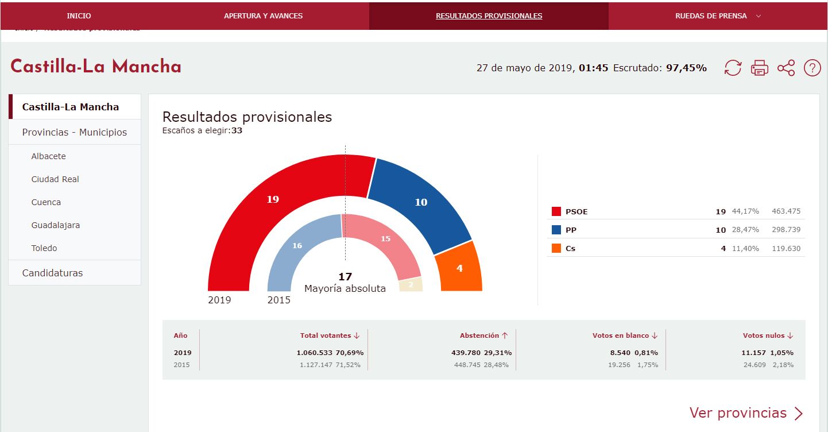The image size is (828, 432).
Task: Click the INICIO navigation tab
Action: pyautogui.click(x=79, y=16)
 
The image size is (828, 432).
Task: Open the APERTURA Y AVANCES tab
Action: pyautogui.click(x=263, y=16)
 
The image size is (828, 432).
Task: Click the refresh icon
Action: pyautogui.click(x=733, y=68)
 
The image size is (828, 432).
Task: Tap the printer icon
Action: pyautogui.click(x=759, y=68)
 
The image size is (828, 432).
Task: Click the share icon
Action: pyautogui.click(x=786, y=68)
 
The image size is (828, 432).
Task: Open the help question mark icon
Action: pyautogui.click(x=812, y=68)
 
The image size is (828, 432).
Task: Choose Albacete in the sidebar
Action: pyautogui.click(x=49, y=156)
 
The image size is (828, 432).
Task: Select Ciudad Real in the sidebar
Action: pyautogui.click(x=55, y=179)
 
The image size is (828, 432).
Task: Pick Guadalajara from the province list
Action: pyautogui.click(x=56, y=225)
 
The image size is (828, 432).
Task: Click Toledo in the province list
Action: pyautogui.click(x=44, y=248)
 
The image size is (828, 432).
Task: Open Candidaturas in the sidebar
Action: pyautogui.click(x=52, y=273)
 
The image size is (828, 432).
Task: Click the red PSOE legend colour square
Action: pyautogui.click(x=556, y=211)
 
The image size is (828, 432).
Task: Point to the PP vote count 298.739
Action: pyautogui.click(x=786, y=230)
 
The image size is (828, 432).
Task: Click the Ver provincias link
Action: pyautogui.click(x=746, y=413)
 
